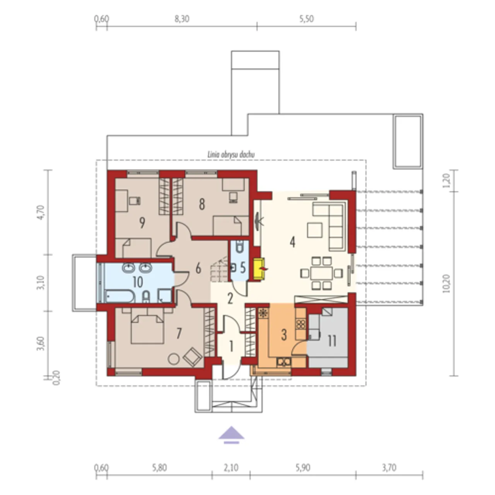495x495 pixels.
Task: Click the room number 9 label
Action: pos(142,223)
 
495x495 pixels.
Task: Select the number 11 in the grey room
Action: pos(332,341)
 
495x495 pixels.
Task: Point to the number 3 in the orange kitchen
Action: pos(283,335)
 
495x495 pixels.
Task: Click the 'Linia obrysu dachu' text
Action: pos(231,155)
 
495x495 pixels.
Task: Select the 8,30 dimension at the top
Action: pos(182,19)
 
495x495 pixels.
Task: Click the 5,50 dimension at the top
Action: pos(306,19)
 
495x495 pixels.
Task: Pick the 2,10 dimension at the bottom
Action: pos(231,468)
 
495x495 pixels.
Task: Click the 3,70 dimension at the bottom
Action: pos(389,468)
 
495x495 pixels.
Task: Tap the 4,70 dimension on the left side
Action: pos(43,212)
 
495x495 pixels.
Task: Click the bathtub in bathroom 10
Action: pos(119,296)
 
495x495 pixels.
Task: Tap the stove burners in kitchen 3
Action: pos(300,324)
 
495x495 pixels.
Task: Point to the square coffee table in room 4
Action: pos(315,230)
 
